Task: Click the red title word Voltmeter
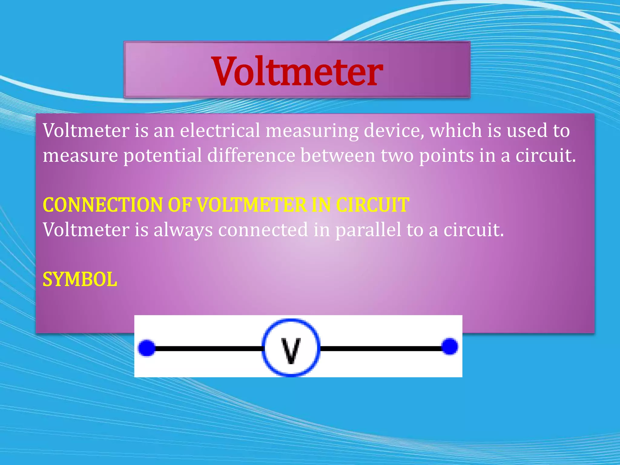coord(297,71)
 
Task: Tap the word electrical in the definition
coord(220,130)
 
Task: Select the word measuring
coord(312,131)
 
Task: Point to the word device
coord(394,130)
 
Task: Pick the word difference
coord(251,155)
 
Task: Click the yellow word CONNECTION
coord(103,205)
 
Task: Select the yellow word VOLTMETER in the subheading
coord(252,205)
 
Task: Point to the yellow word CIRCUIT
coord(373,205)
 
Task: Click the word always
coord(183,230)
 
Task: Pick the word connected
coord(263,229)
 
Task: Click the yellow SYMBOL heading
coord(80,279)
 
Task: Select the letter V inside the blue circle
coord(291,350)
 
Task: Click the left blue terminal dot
coord(147,348)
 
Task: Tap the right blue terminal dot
coord(450,346)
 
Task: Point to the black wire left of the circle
coord(209,349)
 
